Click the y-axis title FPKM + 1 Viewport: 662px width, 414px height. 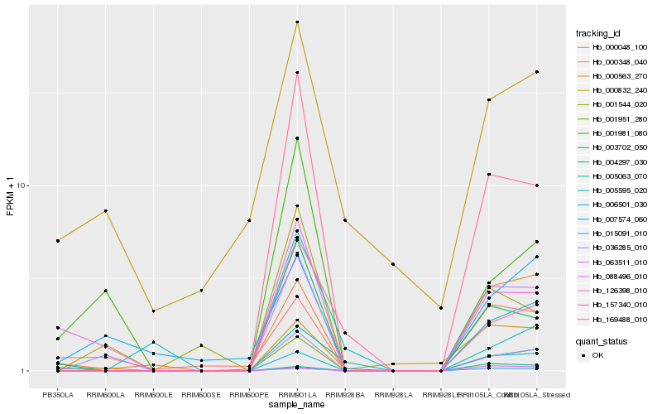pyautogui.click(x=10, y=196)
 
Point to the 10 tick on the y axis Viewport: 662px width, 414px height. pyautogui.click(x=24, y=185)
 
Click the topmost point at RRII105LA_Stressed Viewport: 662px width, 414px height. pyautogui.click(x=537, y=72)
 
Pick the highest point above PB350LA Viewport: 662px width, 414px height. pyautogui.click(x=58, y=241)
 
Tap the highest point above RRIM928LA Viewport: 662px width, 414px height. pyautogui.click(x=392, y=264)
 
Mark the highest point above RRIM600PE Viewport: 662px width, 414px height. pyautogui.click(x=249, y=220)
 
